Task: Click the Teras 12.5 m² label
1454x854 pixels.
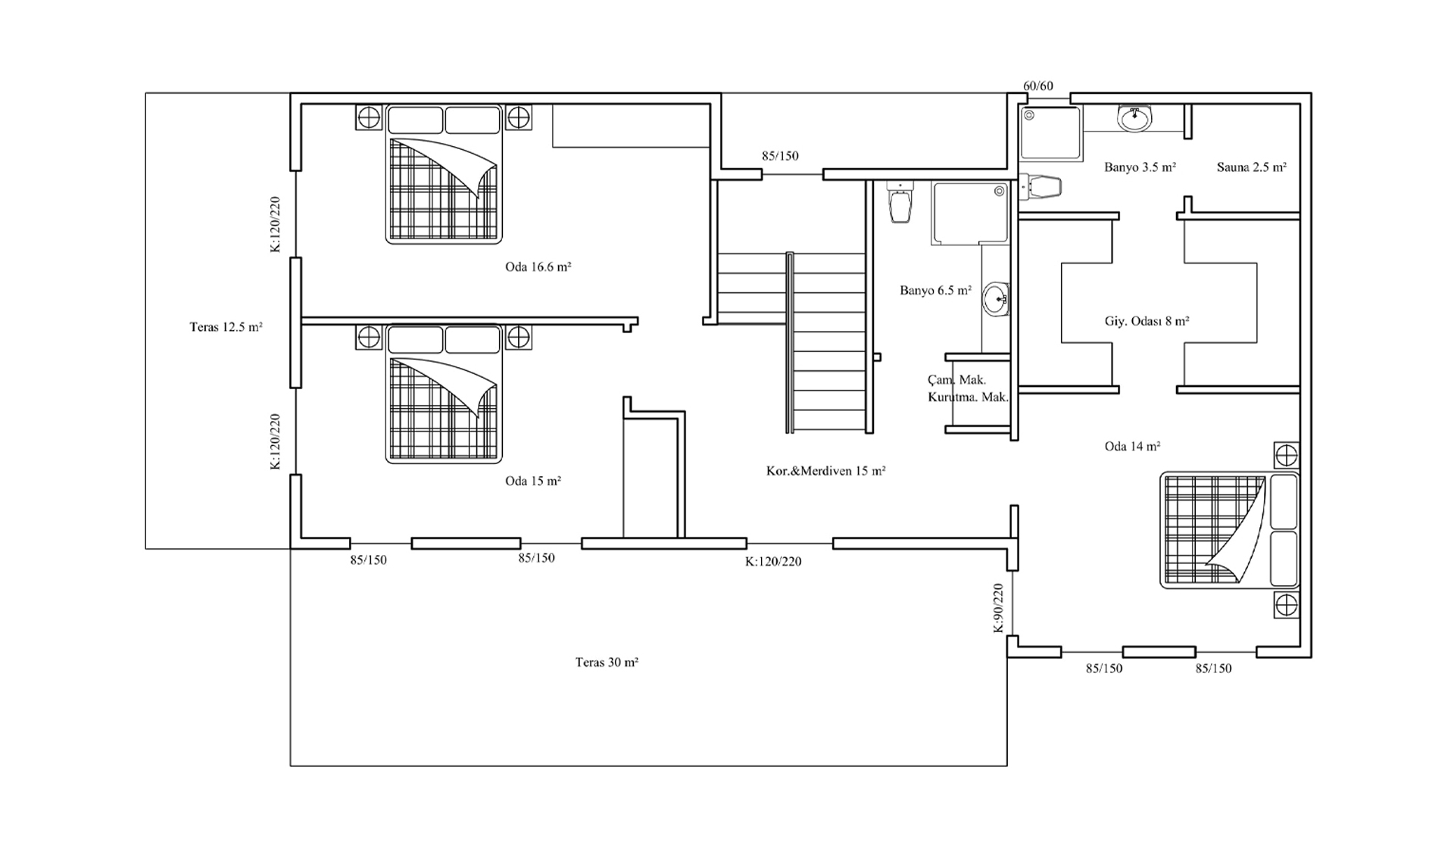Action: coord(226,327)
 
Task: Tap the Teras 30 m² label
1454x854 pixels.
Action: coord(607,662)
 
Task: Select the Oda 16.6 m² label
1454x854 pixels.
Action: coord(538,266)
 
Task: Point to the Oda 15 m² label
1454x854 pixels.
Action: coord(533,481)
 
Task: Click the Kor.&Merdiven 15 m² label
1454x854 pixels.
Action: coord(826,471)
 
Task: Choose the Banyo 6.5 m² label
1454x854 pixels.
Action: coord(935,290)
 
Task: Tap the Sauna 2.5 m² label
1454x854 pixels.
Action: coord(1252,167)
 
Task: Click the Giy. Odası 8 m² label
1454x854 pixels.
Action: coord(1147,321)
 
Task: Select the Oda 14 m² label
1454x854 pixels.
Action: coord(1132,447)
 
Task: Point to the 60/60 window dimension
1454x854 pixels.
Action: coord(1038,86)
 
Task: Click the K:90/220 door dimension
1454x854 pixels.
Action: coord(998,608)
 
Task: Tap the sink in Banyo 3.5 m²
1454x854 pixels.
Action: coord(1134,118)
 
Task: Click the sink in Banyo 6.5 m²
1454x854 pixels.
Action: coord(996,299)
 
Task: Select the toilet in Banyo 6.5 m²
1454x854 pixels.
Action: coord(900,202)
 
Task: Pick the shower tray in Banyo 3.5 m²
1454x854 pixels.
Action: coord(1050,133)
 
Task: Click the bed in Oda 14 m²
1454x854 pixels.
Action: coord(1230,531)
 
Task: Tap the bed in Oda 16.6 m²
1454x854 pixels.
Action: coord(444,174)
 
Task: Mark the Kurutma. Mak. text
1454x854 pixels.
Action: coord(969,397)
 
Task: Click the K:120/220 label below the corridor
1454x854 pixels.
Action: coord(773,562)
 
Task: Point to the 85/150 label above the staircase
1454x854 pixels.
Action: coord(780,156)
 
